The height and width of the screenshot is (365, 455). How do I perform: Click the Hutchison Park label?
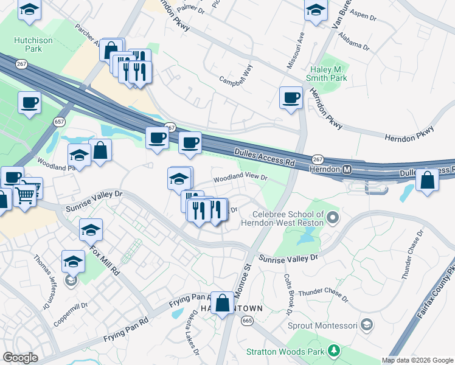[x=29, y=44]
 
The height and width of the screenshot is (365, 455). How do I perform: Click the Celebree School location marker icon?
[x=332, y=217]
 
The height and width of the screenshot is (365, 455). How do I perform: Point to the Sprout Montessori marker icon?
[x=366, y=325]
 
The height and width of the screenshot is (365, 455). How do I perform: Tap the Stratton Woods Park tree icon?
[x=333, y=350]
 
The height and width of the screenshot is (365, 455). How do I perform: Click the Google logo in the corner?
[x=20, y=358]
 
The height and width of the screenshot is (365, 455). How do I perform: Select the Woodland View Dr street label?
[x=240, y=178]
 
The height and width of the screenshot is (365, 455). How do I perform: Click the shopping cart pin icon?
[x=25, y=194]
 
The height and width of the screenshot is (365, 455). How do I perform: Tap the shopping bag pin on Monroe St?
[x=223, y=302]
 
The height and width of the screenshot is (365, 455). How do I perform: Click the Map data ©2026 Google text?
[x=417, y=360]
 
